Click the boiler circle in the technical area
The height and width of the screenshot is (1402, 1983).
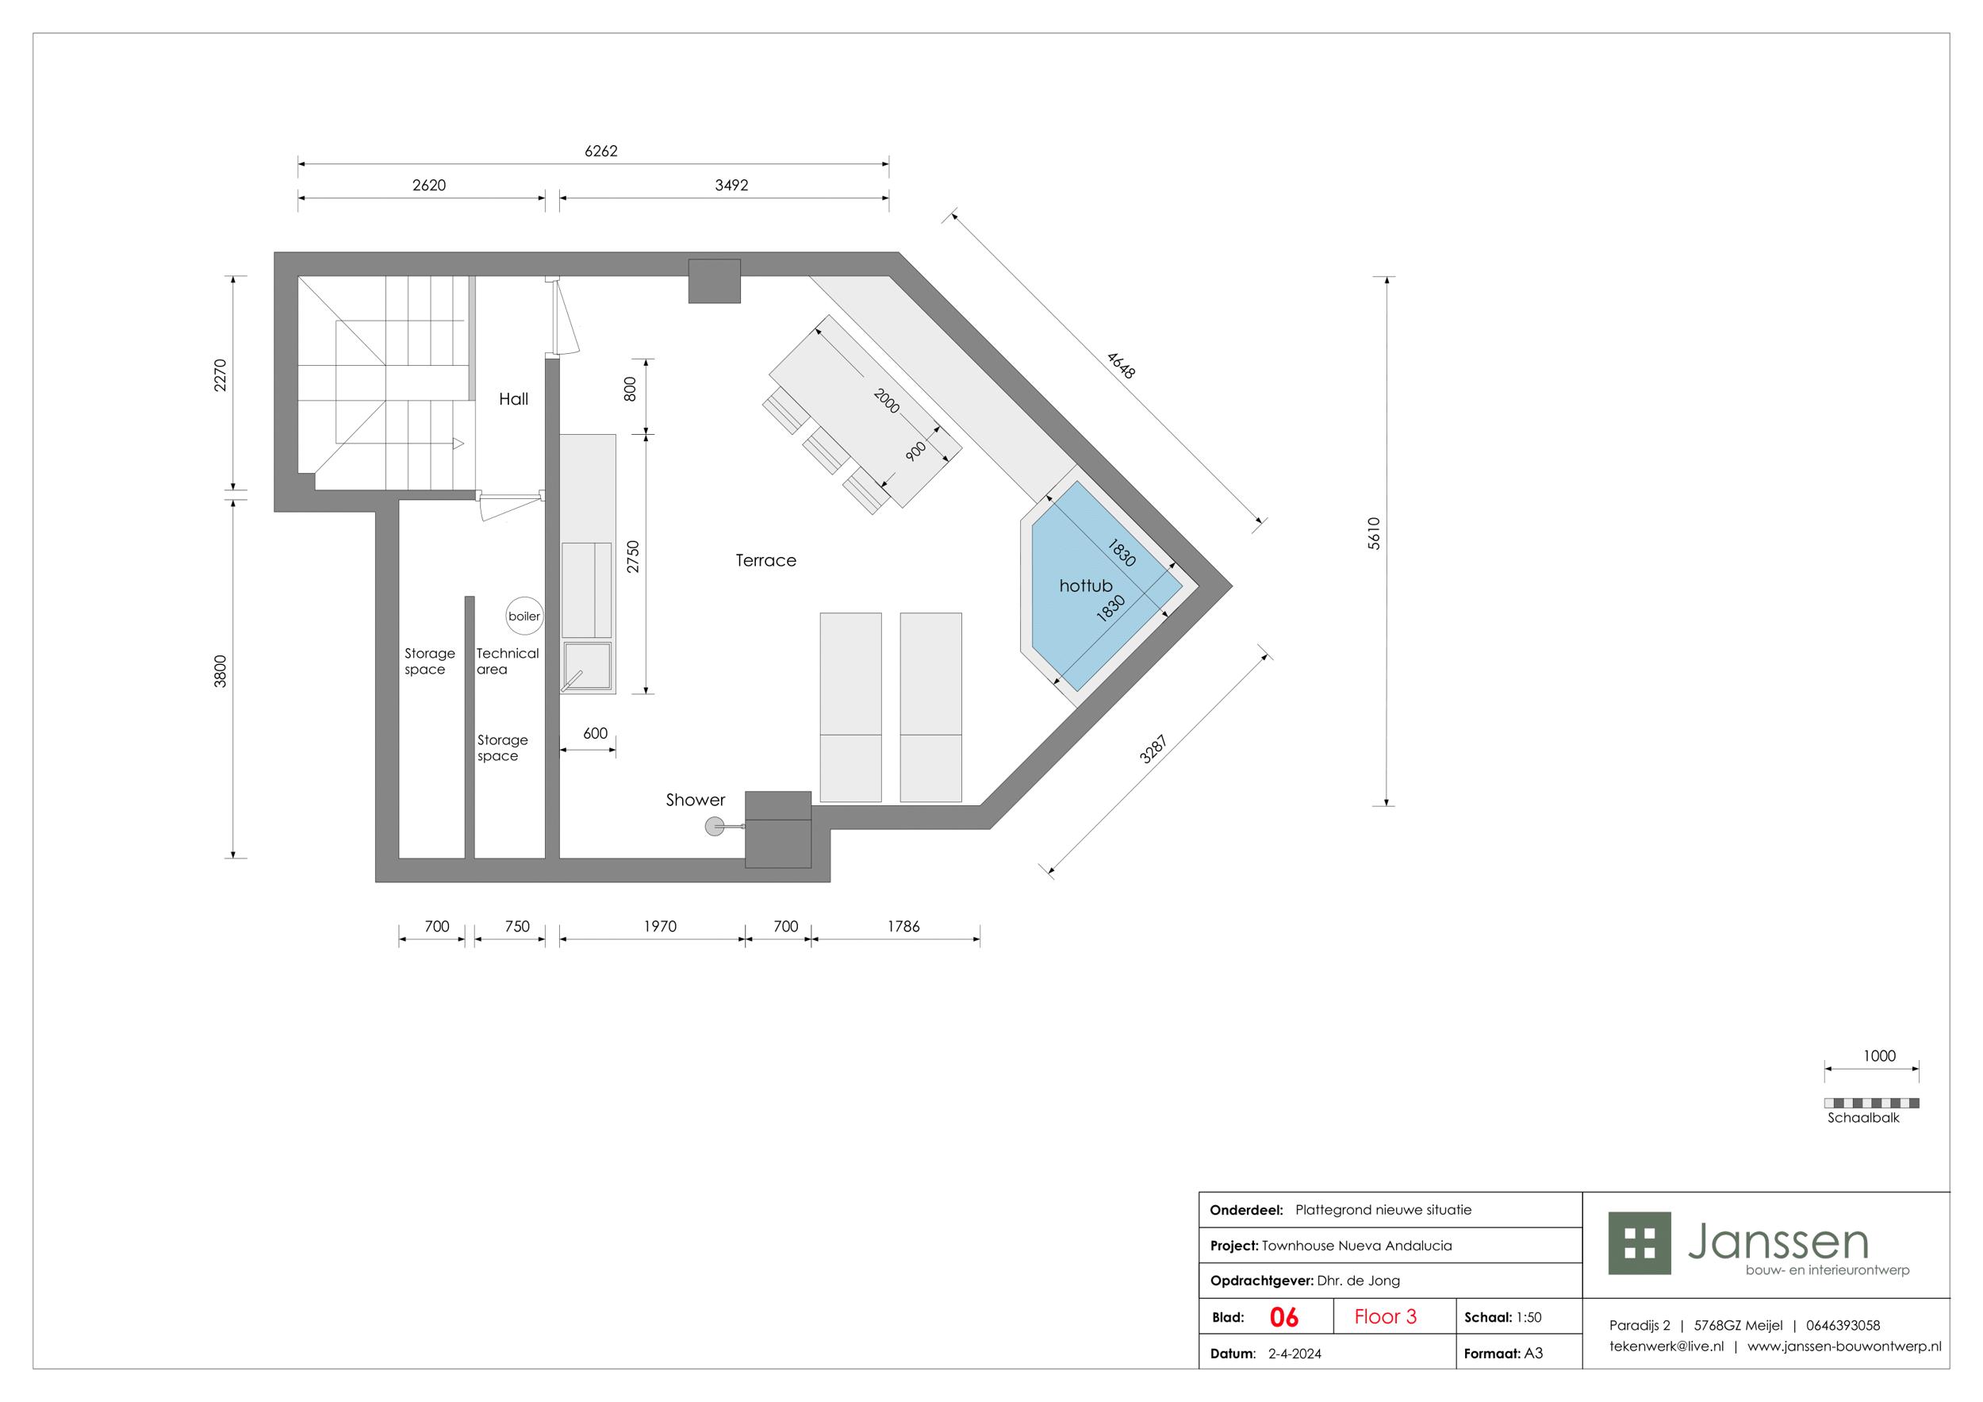click(x=524, y=616)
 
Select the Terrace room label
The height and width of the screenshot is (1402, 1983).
click(x=766, y=561)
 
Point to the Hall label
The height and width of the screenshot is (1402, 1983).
click(x=514, y=399)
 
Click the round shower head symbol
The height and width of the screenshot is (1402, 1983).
click(x=714, y=828)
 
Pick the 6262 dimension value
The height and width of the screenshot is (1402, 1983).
click(x=601, y=152)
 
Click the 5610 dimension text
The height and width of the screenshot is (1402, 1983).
click(x=1374, y=533)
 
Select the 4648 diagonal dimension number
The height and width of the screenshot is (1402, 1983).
click(x=1121, y=366)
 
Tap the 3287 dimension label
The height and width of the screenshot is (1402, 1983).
click(x=1153, y=749)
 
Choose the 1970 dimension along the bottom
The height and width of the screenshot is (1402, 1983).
click(x=660, y=927)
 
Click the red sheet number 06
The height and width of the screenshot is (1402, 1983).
click(x=1284, y=1317)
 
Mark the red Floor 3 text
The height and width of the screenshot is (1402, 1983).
click(x=1386, y=1316)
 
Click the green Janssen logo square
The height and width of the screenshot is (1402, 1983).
click(x=1640, y=1243)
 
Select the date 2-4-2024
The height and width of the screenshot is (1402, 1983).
click(x=1295, y=1354)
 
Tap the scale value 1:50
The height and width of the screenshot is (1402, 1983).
click(x=1528, y=1317)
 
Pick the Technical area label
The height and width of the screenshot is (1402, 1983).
click(x=507, y=662)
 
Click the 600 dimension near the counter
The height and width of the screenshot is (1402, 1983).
click(x=595, y=733)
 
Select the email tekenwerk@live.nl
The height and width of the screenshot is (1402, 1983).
click(x=1666, y=1346)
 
